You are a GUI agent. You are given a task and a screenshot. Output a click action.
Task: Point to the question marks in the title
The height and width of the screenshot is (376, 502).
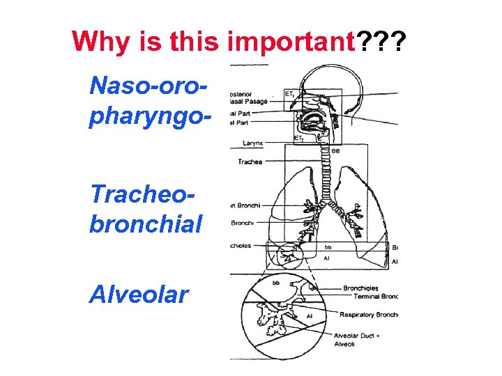(381, 42)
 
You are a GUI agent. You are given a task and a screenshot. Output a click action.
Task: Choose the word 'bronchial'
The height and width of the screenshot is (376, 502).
(146, 224)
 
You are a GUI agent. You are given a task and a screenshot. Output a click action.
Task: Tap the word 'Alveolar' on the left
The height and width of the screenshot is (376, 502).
(139, 295)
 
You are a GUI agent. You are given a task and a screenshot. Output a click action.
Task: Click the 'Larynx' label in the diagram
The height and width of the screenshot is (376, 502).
(252, 143)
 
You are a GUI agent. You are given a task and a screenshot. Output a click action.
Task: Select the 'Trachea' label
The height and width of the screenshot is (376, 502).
(250, 162)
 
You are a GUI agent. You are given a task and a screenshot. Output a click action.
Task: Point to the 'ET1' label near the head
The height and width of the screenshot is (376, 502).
(289, 93)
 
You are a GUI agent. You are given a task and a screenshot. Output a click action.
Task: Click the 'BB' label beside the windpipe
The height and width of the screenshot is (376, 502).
(335, 150)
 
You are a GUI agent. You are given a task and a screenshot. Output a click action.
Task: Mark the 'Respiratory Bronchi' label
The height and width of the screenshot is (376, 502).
(368, 315)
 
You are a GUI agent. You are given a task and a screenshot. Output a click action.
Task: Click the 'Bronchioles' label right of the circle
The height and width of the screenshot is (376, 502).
(361, 288)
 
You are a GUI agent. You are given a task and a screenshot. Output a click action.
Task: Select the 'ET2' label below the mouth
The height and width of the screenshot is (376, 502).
(298, 139)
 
